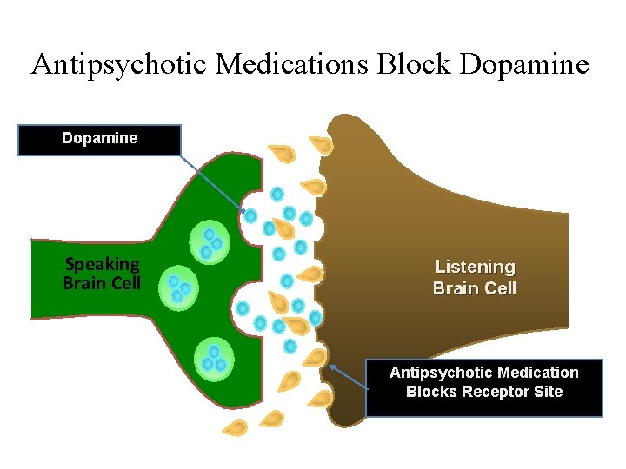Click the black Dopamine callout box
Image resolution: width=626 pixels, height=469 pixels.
(99, 139)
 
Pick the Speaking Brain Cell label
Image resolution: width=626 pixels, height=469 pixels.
(102, 273)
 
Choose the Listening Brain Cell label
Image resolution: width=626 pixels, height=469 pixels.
(475, 277)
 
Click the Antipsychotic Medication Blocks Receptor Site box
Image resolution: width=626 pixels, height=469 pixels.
(483, 387)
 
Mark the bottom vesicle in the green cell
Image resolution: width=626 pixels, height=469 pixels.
(213, 356)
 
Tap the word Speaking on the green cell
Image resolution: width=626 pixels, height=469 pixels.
(103, 264)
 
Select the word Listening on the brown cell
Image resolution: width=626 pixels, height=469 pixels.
(475, 267)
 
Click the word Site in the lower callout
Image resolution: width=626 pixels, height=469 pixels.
(548, 392)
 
